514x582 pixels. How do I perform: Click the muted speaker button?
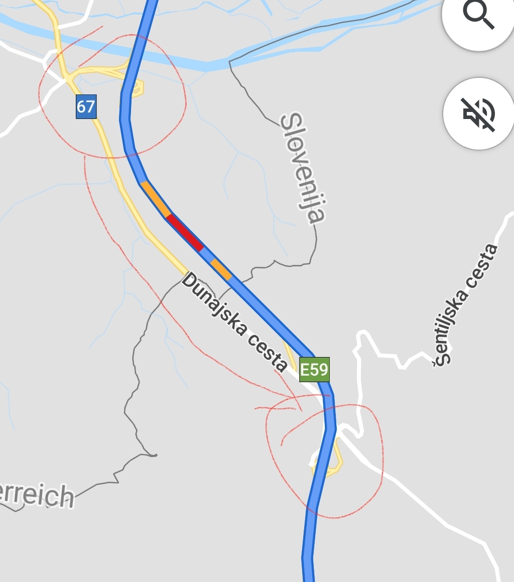pos(478,113)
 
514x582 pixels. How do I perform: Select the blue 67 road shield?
pos(86,106)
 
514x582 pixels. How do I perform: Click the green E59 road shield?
pos(314,370)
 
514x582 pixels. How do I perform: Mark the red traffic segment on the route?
pos(185,232)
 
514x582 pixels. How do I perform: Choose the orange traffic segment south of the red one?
pos(221,270)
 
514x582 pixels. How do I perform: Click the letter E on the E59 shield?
pos(305,370)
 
